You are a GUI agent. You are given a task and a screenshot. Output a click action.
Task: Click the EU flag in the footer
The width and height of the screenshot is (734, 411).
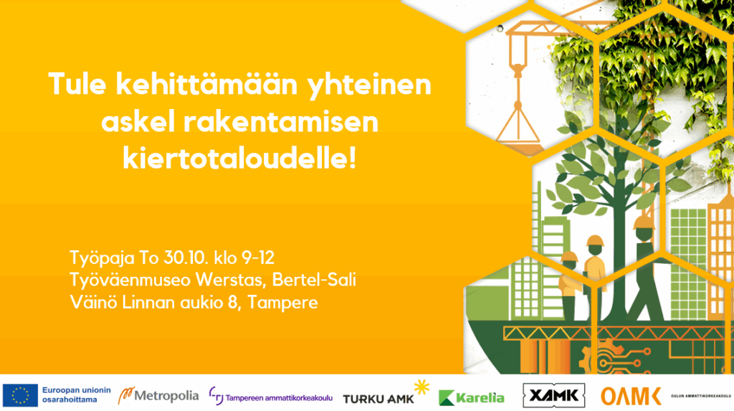pyautogui.click(x=20, y=395)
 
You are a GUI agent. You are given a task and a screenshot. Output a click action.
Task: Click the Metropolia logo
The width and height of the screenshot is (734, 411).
pyautogui.click(x=158, y=396)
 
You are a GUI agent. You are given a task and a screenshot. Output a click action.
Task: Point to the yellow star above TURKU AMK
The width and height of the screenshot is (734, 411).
pyautogui.click(x=421, y=387)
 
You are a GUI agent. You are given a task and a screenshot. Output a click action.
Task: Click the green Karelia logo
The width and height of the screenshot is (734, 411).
pyautogui.click(x=472, y=398)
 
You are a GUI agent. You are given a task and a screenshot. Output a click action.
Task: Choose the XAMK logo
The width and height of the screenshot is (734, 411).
pyautogui.click(x=554, y=395)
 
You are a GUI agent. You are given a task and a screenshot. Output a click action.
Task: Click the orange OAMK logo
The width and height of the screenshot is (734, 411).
pyautogui.click(x=631, y=397)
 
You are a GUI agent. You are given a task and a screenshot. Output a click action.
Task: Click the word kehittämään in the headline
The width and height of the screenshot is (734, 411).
pyautogui.click(x=206, y=85)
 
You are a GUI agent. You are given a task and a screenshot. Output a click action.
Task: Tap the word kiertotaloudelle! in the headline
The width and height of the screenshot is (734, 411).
pyautogui.click(x=239, y=159)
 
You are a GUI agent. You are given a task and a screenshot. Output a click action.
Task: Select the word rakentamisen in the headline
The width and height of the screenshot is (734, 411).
pyautogui.click(x=280, y=122)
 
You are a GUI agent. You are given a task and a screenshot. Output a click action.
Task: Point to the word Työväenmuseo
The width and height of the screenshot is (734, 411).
pyautogui.click(x=130, y=280)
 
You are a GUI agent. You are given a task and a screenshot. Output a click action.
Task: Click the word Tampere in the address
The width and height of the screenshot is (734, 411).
pyautogui.click(x=282, y=303)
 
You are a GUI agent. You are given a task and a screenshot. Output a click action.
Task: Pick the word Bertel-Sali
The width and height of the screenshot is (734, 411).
pyautogui.click(x=314, y=280)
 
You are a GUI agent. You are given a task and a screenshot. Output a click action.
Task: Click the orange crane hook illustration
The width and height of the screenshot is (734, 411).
pyautogui.click(x=518, y=71)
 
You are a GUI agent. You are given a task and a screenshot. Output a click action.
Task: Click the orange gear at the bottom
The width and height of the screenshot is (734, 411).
pyautogui.click(x=604, y=357)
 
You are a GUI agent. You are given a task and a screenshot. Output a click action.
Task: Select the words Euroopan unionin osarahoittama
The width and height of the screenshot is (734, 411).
pyautogui.click(x=76, y=395)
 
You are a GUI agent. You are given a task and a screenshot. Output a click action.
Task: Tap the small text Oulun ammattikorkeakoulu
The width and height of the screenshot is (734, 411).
pyautogui.click(x=701, y=396)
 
